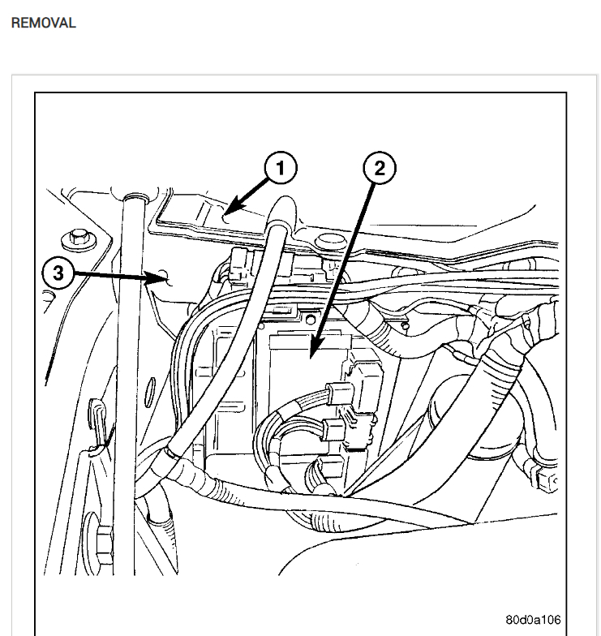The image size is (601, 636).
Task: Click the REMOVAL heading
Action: [43, 23]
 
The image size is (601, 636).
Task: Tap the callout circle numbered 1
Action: [280, 168]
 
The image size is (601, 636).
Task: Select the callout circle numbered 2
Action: [379, 168]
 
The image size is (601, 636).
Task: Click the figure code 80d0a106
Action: [533, 620]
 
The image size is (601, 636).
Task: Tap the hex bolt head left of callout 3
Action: [79, 237]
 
